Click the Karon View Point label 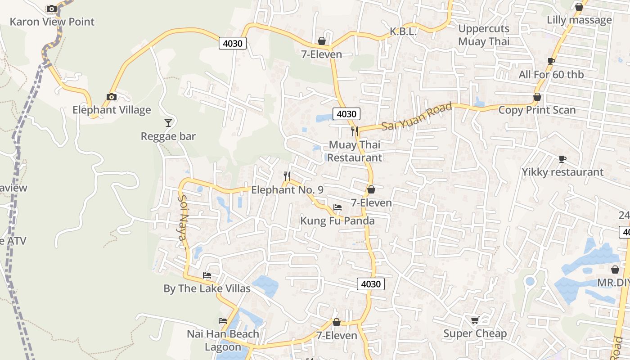click(52, 22)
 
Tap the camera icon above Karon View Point click(52, 9)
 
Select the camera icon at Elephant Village click(112, 97)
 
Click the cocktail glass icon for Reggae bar click(168, 122)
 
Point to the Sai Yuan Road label click(417, 117)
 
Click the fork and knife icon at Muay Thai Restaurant click(355, 131)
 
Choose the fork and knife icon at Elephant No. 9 click(287, 176)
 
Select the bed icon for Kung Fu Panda click(337, 207)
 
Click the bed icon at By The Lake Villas click(207, 275)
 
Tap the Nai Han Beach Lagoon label click(223, 340)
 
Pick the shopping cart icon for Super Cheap click(475, 320)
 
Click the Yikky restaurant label click(562, 172)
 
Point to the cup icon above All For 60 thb click(551, 61)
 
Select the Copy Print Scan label click(537, 110)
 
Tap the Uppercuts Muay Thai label click(484, 35)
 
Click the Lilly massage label click(579, 20)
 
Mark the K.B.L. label click(403, 31)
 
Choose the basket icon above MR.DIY click(615, 270)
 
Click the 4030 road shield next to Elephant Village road click(233, 43)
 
